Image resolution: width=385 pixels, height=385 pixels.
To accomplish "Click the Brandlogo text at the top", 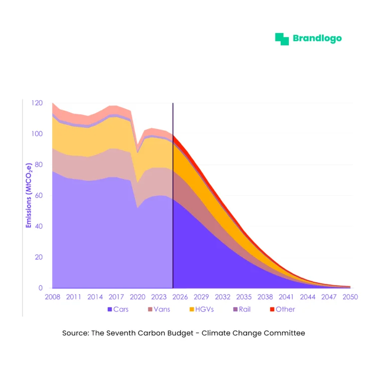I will coord(317,39).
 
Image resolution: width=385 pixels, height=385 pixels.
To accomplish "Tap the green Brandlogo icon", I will coord(282,39).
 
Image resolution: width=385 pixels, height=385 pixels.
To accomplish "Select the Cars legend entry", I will coord(118,309).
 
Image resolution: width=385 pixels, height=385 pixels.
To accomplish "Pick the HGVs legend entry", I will coord(202,309).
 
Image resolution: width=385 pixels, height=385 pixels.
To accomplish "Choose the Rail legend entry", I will coord(242,309).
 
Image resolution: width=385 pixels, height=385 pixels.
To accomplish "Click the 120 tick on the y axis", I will coord(36,103).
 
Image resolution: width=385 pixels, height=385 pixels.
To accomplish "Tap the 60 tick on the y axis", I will coord(38,196).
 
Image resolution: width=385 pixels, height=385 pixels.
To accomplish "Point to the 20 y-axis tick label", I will coord(38,257).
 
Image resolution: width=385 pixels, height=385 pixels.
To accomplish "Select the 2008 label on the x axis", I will coord(52,297).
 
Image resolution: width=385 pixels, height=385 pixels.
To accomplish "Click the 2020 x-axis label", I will coord(137,297).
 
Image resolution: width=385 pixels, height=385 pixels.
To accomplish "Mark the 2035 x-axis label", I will coord(244,297).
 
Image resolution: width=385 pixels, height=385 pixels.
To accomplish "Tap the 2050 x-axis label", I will coord(350,297).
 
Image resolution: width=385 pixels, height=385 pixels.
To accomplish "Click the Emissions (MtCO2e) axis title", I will coord(29,196).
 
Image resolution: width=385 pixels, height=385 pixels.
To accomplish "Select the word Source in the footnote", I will coord(74,333).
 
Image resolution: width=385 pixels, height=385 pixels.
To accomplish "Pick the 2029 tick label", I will coord(202,297).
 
